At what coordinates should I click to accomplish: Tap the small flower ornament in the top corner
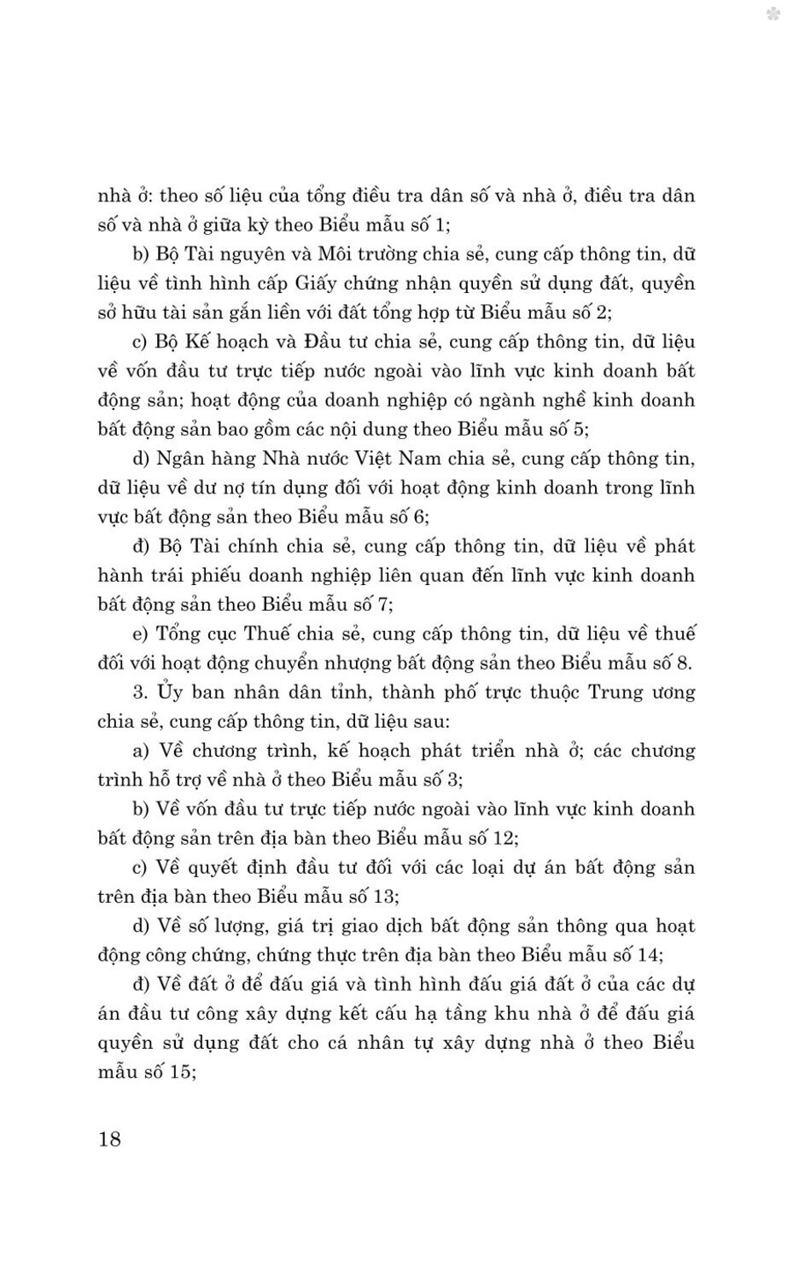click(773, 14)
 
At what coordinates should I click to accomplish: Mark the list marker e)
click(141, 634)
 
